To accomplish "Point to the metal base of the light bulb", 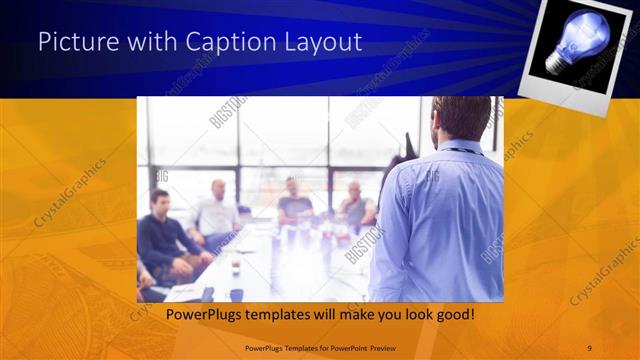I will pyautogui.click(x=553, y=63).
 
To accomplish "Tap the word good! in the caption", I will pyautogui.click(x=452, y=315).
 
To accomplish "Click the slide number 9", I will pyautogui.click(x=589, y=347).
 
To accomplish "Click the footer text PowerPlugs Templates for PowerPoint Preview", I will pyautogui.click(x=319, y=347).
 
